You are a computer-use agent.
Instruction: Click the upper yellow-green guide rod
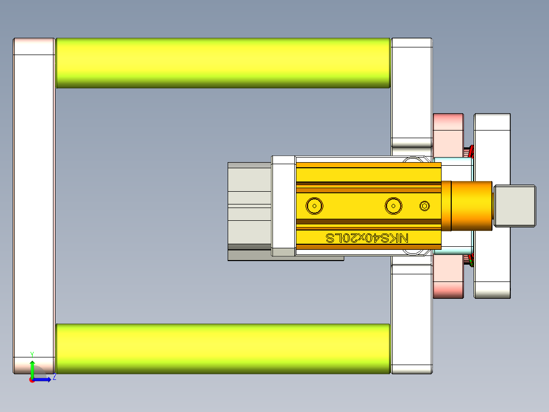point(223,63)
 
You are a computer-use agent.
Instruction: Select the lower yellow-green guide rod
point(223,348)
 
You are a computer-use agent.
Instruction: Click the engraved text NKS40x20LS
point(367,238)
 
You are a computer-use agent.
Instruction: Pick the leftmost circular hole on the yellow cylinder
point(314,206)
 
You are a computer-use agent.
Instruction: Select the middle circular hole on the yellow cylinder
point(393,206)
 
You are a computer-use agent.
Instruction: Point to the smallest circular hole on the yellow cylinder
point(424,205)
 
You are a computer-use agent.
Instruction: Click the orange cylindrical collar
point(467,205)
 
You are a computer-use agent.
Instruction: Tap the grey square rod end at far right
point(515,205)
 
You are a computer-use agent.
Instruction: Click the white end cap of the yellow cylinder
point(284,205)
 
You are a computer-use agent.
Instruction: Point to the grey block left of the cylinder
point(249,205)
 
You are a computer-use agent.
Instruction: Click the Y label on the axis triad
point(32,354)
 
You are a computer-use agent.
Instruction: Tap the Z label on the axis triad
point(54,377)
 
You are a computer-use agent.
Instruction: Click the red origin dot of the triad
point(32,380)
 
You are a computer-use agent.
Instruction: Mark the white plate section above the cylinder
point(411,92)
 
